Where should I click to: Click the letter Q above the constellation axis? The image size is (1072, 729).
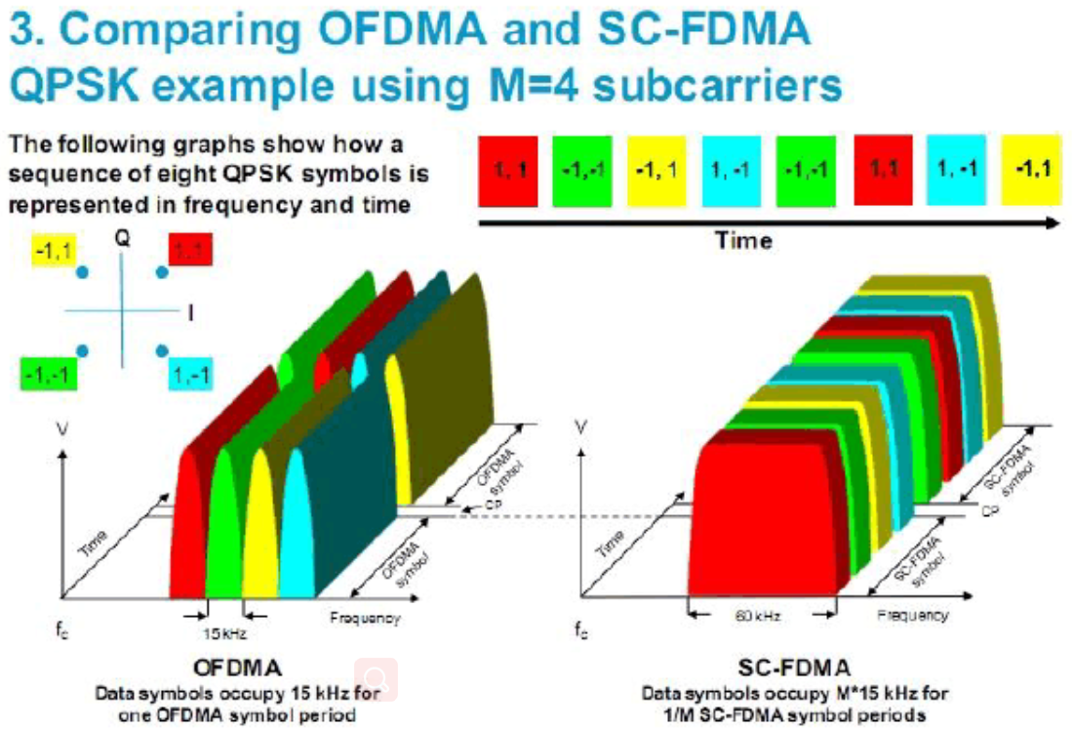[122, 236]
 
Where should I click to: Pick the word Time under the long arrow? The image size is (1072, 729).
[743, 240]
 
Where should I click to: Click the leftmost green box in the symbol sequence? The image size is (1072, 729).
[582, 170]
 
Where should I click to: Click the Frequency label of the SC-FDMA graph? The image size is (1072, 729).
[912, 615]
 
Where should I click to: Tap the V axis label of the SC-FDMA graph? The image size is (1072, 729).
[583, 427]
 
